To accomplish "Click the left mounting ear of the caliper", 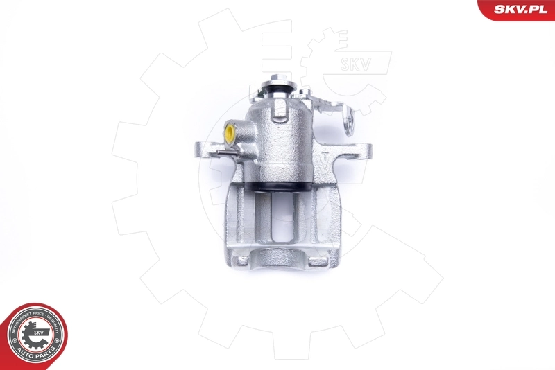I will [205, 148].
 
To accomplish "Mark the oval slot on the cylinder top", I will [280, 110].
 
